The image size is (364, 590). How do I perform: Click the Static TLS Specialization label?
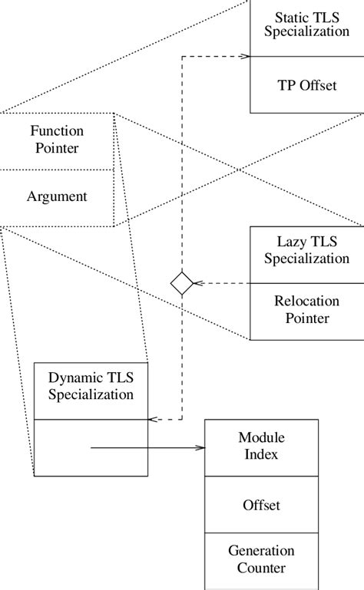point(306,25)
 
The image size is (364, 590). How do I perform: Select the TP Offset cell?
point(306,85)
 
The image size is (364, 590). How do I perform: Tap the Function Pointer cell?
point(57,139)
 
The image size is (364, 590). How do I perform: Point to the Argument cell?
point(57,196)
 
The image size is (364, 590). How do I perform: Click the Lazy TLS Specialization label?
point(306,250)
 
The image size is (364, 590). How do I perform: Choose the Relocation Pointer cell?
point(306,310)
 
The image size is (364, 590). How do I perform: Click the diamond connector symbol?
point(182,283)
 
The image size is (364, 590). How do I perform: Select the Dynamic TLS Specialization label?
point(91,386)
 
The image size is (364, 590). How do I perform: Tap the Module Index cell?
point(261,446)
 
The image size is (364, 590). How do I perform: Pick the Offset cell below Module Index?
point(261,506)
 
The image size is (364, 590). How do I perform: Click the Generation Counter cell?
point(261,559)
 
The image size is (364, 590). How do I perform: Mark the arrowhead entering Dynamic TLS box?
point(151,419)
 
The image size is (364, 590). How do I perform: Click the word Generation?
point(261,552)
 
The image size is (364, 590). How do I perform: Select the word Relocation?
point(306,302)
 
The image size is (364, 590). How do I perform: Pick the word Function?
point(57,131)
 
